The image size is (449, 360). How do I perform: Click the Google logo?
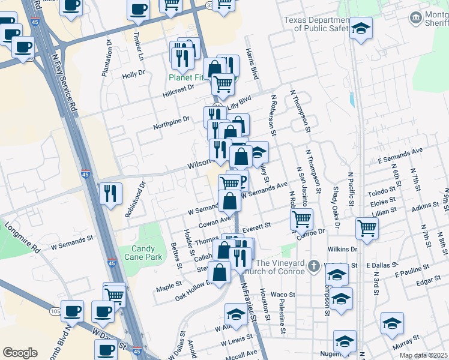coord(20,352)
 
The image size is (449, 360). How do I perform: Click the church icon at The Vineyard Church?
coord(313,265)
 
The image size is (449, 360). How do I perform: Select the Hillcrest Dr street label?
coord(178,91)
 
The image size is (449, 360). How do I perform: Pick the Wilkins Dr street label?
coord(342,248)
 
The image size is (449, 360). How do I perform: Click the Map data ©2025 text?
coord(423,355)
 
